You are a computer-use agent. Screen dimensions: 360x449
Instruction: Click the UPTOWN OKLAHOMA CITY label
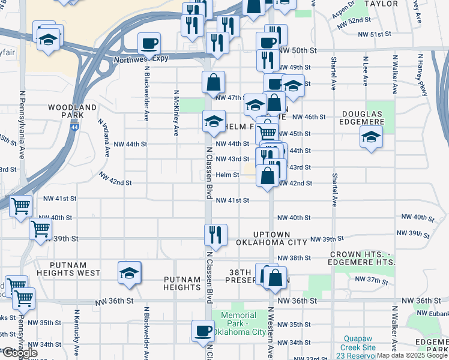(x=271, y=238)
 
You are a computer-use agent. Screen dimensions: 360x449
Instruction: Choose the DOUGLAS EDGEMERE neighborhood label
(x=362, y=118)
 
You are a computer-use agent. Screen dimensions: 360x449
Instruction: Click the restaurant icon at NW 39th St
(x=215, y=234)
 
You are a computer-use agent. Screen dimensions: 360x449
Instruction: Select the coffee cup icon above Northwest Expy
(x=149, y=43)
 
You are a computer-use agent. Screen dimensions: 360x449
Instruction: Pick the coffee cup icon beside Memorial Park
(x=203, y=331)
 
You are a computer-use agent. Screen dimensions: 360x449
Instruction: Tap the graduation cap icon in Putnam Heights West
(x=129, y=273)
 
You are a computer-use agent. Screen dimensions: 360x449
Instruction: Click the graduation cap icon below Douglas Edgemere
(x=371, y=137)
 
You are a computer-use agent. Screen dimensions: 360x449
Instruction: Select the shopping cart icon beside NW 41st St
(x=21, y=206)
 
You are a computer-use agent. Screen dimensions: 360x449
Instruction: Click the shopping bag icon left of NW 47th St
(x=213, y=82)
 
